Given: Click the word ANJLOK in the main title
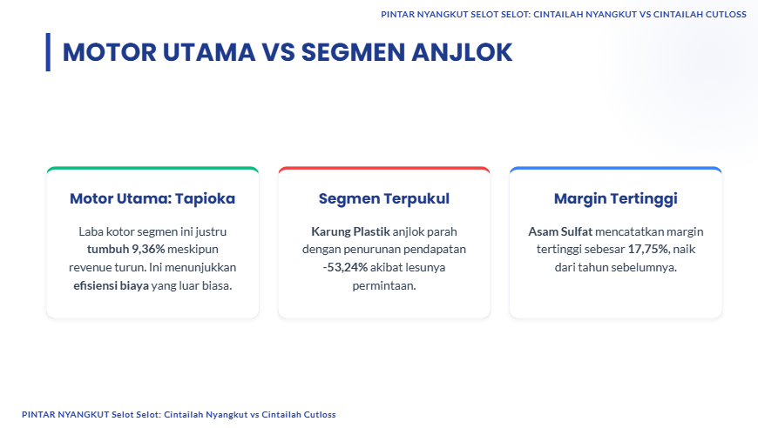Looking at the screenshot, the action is click(x=462, y=52).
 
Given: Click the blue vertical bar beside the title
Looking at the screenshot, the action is click(x=48, y=52).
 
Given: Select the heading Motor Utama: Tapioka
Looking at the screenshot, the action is click(x=152, y=198).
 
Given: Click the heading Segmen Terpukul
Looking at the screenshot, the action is click(x=384, y=198).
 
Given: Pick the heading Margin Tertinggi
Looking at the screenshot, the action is click(x=615, y=198).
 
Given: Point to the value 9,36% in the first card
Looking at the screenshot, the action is click(x=148, y=249).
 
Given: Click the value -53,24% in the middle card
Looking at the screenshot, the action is click(x=345, y=267).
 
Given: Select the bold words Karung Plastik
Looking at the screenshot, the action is click(x=350, y=231).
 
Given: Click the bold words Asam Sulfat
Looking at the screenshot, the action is click(x=560, y=231).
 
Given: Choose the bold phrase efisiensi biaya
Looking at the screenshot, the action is click(x=112, y=285).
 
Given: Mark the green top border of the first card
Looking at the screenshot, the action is click(x=152, y=169).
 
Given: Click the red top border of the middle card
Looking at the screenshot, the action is click(x=384, y=169).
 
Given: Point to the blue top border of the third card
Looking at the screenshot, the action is click(x=615, y=169).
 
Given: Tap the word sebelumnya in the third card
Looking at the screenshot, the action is click(x=646, y=267).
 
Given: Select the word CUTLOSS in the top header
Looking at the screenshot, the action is click(x=724, y=15).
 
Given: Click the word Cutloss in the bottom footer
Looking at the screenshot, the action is click(x=318, y=414).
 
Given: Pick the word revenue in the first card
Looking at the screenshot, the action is click(x=90, y=267).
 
